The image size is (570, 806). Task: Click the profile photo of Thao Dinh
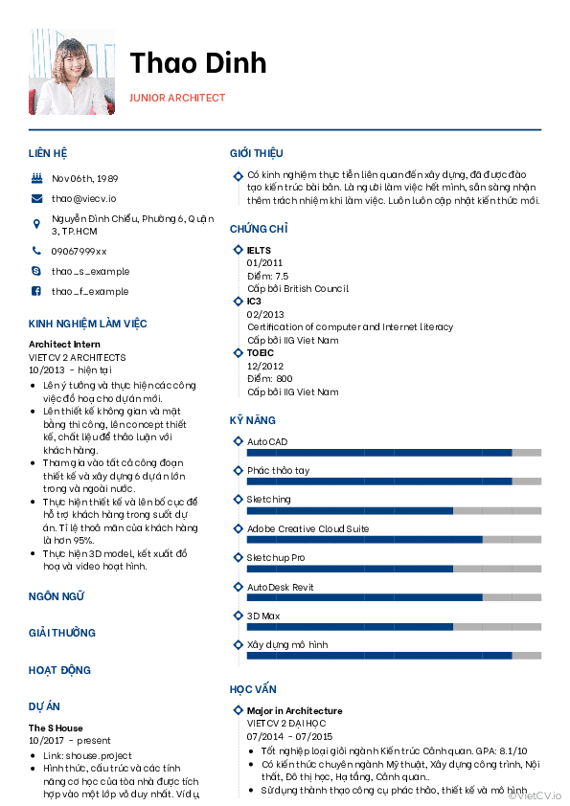point(72,72)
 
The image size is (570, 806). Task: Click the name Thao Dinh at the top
point(198,62)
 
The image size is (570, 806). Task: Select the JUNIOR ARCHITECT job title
point(177,98)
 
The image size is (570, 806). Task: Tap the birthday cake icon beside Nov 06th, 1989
point(36,178)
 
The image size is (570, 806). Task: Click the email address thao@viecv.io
point(83,198)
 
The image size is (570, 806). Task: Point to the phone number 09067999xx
point(79,251)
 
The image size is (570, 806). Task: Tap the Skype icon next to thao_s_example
point(36,271)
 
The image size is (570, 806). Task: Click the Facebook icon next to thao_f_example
point(36,291)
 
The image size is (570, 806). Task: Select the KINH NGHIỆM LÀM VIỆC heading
point(88,324)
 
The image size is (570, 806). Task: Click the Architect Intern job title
point(64,344)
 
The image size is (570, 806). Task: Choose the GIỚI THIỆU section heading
point(256,153)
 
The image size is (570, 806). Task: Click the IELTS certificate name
point(259,251)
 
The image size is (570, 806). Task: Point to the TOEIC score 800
point(285,379)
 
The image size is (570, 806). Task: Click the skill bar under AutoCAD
point(394,452)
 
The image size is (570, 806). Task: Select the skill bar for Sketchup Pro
point(394,569)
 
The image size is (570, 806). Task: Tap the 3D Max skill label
point(263,616)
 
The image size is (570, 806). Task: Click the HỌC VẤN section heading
point(253,689)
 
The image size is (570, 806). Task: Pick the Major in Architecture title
point(294,710)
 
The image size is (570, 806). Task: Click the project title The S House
point(56,728)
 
